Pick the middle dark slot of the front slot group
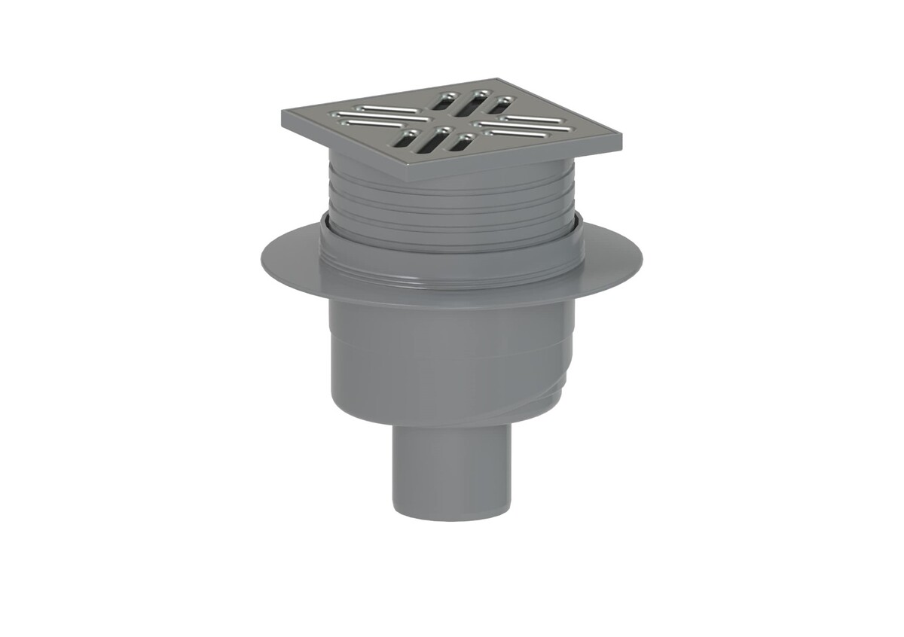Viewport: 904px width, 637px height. point(432,141)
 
